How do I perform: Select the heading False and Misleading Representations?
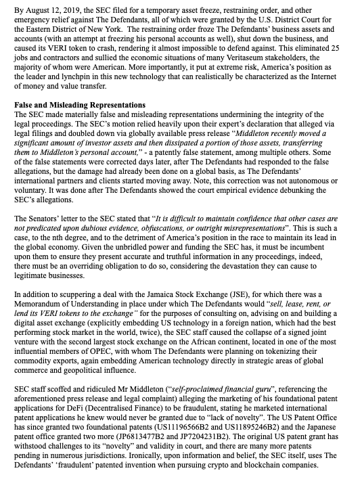click(x=79, y=106)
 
